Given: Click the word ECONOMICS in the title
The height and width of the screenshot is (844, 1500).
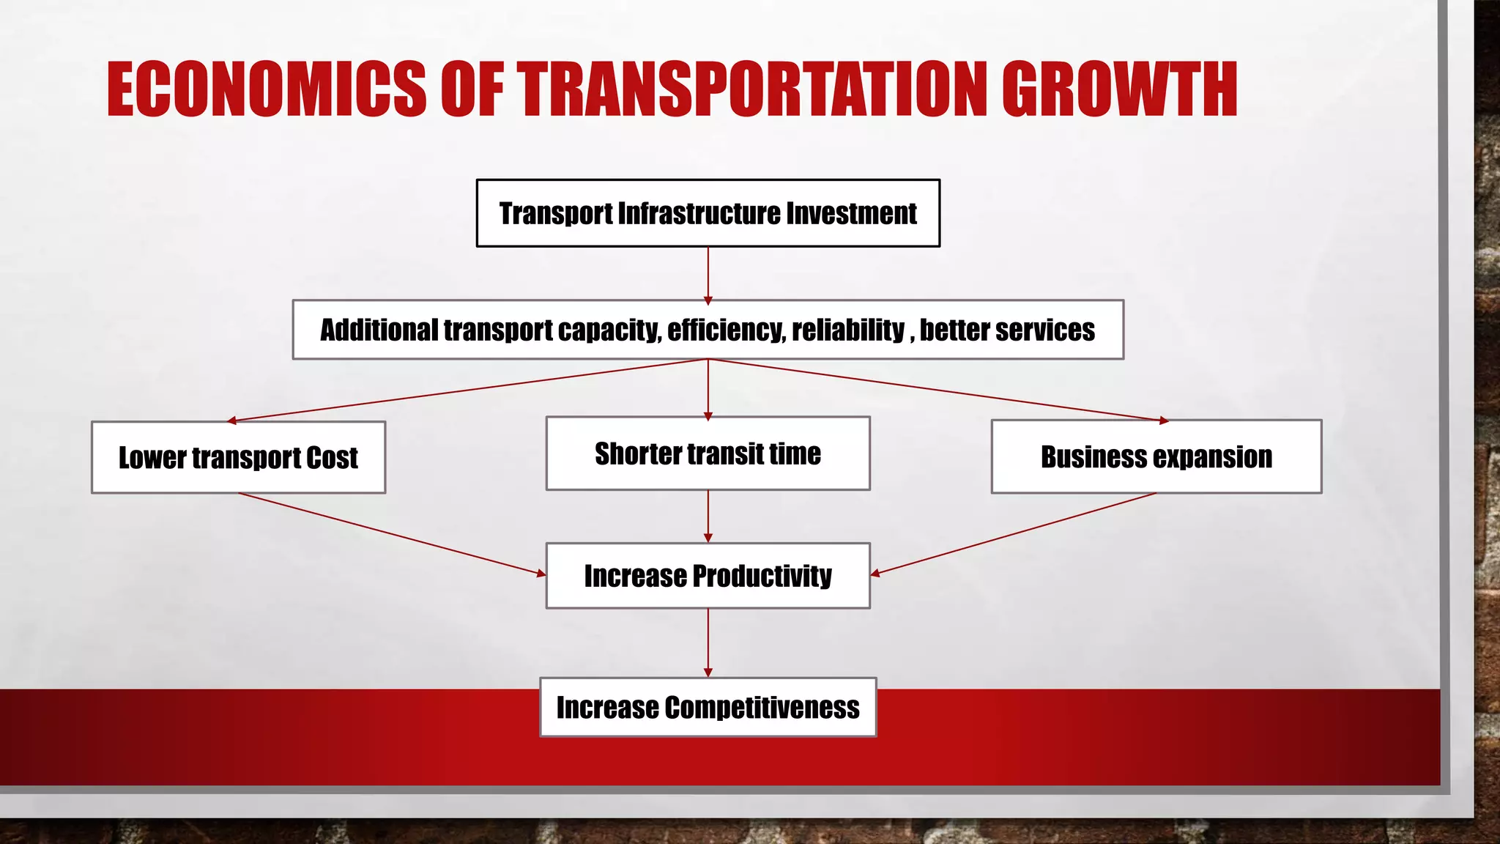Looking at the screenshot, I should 266,89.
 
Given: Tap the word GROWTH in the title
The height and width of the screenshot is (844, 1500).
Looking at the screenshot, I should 1119,89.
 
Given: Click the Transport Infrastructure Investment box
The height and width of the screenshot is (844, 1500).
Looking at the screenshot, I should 708,213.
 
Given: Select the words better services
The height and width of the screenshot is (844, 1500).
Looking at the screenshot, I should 1007,330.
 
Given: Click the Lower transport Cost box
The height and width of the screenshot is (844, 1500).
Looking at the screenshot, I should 238,457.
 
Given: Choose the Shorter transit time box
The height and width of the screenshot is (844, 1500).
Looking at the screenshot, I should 708,454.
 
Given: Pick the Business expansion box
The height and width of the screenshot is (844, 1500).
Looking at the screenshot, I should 1156,456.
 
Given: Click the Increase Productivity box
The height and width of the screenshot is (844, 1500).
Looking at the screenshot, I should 708,576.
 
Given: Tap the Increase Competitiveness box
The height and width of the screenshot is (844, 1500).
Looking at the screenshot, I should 708,707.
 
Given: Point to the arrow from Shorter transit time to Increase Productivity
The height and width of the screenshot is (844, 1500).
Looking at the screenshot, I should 708,517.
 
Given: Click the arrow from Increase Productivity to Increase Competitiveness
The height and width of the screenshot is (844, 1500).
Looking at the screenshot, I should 708,643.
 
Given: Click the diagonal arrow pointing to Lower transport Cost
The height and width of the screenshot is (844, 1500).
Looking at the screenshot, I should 469,390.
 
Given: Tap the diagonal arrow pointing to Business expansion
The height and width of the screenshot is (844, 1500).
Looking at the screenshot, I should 937,390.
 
